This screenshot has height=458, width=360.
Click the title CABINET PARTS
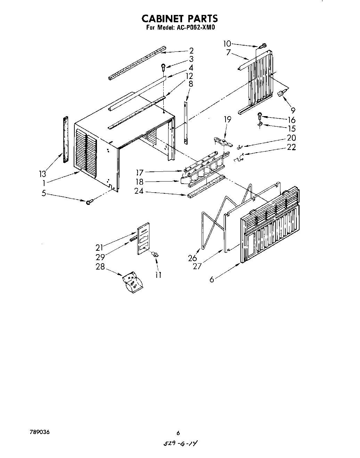tap(179, 18)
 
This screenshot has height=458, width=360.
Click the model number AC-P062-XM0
tap(194, 27)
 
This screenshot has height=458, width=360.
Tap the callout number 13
tap(43, 174)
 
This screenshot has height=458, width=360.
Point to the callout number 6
tap(211, 279)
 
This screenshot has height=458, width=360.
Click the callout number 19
tap(227, 120)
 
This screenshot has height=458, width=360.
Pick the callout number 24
tap(140, 191)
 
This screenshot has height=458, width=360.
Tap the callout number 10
tap(227, 43)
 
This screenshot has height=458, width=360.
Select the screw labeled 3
tap(163, 66)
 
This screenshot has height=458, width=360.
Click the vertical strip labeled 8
tap(186, 122)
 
